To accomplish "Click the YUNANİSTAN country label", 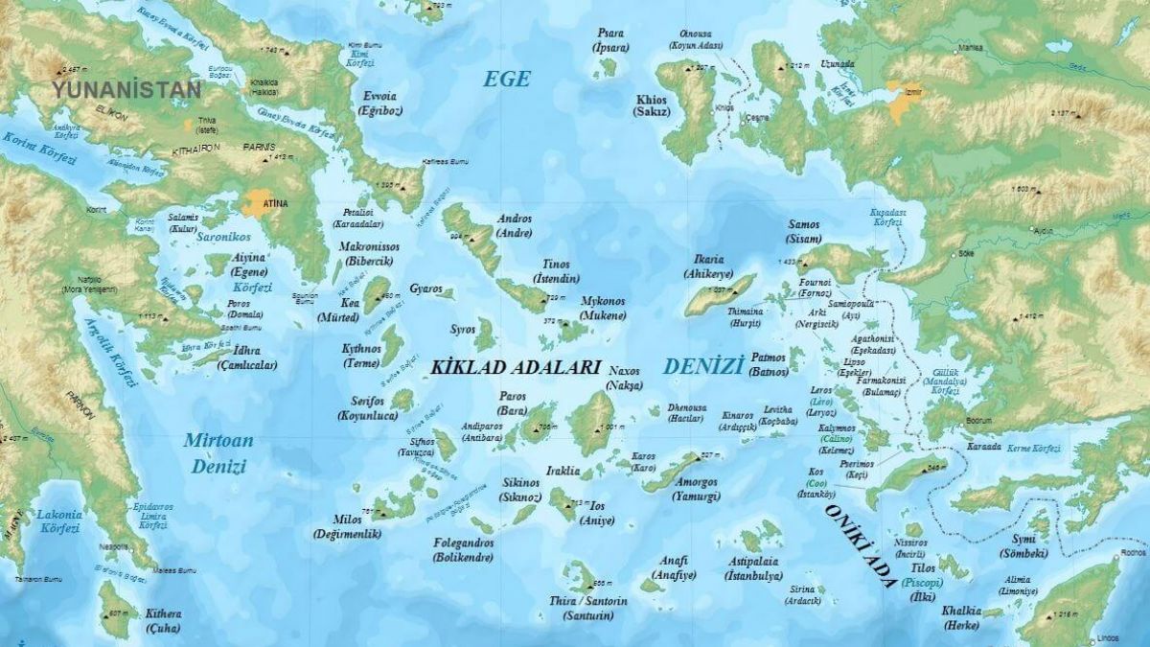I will click(127, 90).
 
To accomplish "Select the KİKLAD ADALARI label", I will click(516, 367).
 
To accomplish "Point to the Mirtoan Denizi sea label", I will click(219, 453).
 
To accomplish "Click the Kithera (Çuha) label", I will click(163, 620).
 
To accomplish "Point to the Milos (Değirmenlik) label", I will click(347, 526).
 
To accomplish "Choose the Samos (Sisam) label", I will click(803, 231).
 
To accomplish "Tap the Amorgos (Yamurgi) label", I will click(697, 490).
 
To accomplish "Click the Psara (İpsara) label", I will click(610, 39).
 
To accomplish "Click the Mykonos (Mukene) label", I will click(603, 308).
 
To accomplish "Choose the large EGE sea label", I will click(506, 79).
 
